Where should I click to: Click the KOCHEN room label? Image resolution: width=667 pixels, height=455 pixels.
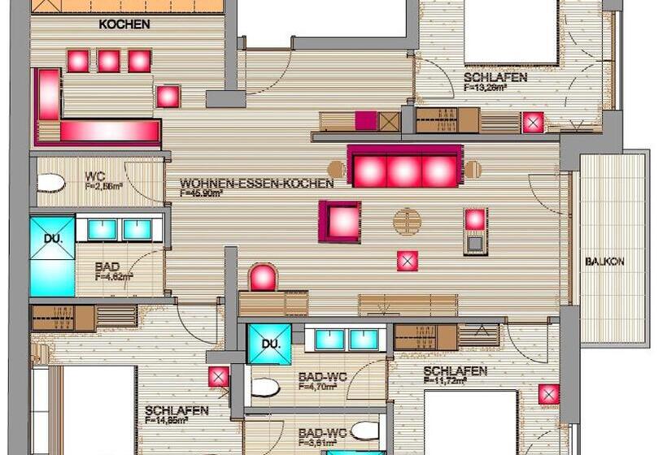[124, 24]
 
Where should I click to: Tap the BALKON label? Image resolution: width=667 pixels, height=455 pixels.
[604, 262]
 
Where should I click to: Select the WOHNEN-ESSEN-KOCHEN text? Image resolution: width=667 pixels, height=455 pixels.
[256, 184]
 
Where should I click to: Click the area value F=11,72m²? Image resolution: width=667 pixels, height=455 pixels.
[454, 382]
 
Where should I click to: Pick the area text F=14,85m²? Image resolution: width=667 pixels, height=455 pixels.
[177, 421]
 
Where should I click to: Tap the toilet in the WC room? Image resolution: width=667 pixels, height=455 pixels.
[51, 183]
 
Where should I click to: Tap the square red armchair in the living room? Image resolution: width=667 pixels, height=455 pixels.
[340, 221]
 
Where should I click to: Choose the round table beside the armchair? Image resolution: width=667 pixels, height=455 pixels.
[408, 220]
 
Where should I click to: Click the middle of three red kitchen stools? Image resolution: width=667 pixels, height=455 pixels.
[109, 61]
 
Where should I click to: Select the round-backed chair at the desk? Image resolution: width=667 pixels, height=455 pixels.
[263, 278]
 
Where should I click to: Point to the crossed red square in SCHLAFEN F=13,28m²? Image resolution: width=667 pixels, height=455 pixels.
[533, 122]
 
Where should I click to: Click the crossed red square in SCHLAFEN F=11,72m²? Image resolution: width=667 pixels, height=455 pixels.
[548, 395]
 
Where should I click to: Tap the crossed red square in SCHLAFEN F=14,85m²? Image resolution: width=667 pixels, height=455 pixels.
[218, 377]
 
